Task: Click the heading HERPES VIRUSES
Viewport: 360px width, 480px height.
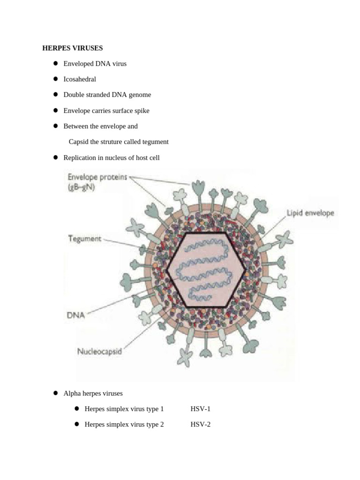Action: pos(73,48)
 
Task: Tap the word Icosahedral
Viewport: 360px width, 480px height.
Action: pos(80,79)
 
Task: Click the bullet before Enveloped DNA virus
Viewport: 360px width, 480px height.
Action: pos(55,63)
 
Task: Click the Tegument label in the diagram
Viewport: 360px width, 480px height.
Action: pos(85,239)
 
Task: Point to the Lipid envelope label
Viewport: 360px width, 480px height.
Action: pos(310,213)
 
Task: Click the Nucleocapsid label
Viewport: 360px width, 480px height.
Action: pos(100,351)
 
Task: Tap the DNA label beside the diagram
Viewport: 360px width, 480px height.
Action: pos(76,315)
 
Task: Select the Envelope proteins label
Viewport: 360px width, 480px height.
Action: pos(97,178)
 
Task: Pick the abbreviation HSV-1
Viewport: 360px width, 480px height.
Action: pos(201,409)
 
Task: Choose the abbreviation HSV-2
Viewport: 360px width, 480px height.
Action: pos(201,424)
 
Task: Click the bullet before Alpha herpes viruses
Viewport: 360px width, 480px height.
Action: pos(55,393)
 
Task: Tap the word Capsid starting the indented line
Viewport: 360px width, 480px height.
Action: pos(78,142)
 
